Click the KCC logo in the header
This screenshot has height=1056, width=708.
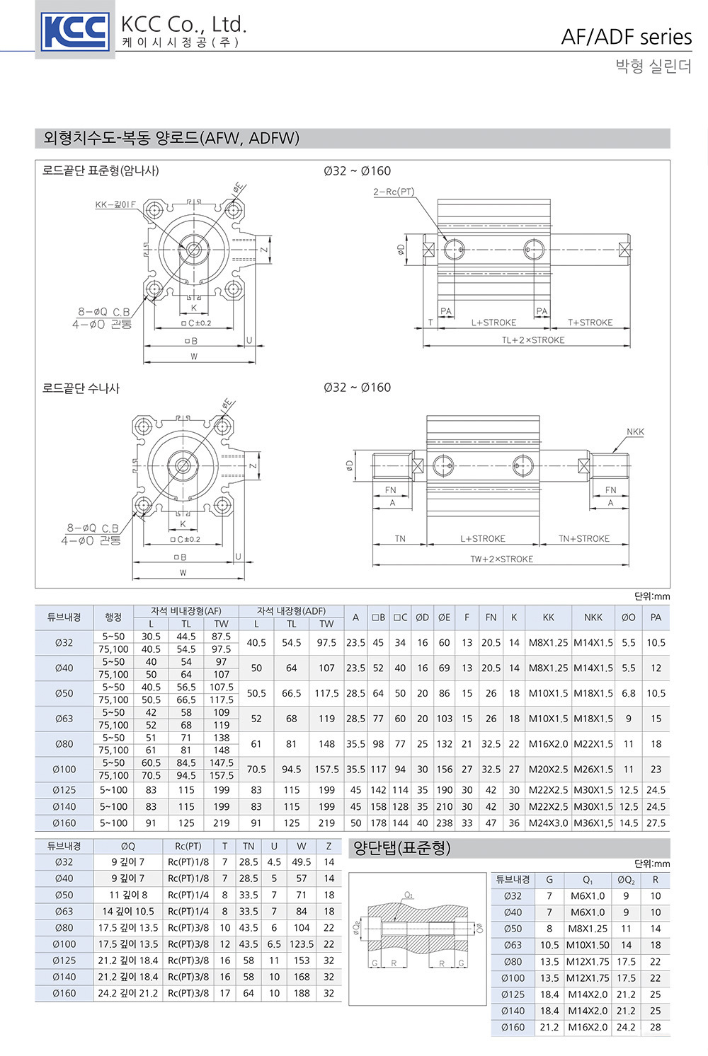[74, 32]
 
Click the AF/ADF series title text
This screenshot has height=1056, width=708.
[627, 37]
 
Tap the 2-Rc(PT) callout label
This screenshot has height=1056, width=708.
[394, 192]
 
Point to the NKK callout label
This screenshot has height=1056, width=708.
[635, 431]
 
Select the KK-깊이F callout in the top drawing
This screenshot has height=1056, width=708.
[115, 204]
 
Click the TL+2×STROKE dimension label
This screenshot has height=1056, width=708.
[533, 340]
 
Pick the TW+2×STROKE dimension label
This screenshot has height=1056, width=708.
[502, 559]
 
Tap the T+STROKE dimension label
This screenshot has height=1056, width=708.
[590, 323]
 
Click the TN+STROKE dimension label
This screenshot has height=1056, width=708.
[584, 538]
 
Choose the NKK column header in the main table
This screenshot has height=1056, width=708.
[593, 617]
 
